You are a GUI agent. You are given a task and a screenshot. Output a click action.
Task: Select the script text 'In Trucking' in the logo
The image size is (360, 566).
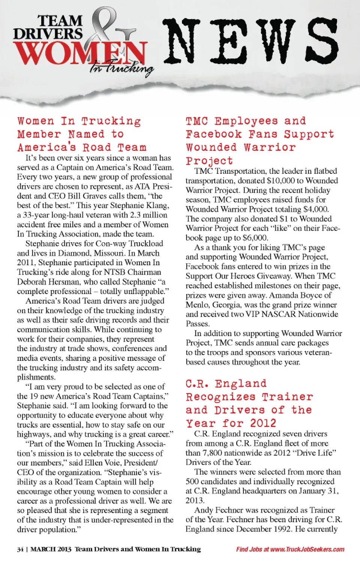tap(121, 68)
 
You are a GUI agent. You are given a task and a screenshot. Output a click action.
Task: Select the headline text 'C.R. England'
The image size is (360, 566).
tap(226, 384)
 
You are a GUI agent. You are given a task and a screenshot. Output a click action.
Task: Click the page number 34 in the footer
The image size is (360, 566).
tap(20, 549)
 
